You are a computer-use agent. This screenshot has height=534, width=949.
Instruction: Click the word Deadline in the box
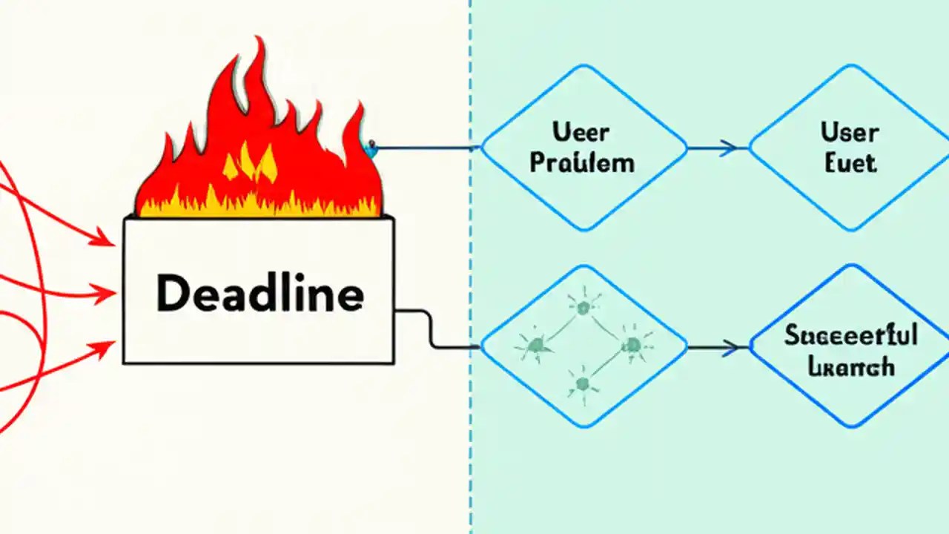click(259, 294)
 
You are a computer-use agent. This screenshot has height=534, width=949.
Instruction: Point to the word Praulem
click(582, 162)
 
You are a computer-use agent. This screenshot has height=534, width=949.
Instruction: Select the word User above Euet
click(850, 133)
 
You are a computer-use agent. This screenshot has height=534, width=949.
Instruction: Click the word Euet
click(850, 162)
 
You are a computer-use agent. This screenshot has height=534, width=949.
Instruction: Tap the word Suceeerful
click(851, 336)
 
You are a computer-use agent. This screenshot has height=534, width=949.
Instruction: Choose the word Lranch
click(851, 366)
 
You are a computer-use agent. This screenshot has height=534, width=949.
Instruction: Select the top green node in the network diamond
click(583, 306)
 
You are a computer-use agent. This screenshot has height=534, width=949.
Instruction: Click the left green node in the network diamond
click(535, 344)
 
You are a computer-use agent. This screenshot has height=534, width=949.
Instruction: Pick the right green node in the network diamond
click(632, 344)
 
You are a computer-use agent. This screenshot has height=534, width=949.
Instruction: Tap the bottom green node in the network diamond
click(582, 383)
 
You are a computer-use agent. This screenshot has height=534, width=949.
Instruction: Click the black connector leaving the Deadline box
click(430, 330)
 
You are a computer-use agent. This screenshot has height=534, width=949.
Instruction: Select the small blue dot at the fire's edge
click(371, 146)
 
